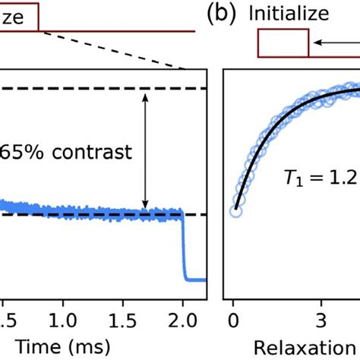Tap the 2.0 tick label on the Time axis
tap(182, 314)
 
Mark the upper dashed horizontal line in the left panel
tap(91, 89)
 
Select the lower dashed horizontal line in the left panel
tap(91, 214)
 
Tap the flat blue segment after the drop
tap(196, 279)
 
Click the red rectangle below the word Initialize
tap(283, 43)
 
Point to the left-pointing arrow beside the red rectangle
tap(334, 43)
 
